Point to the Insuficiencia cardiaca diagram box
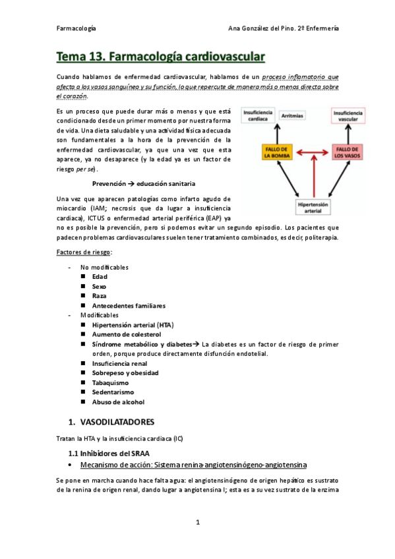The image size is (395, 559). [256, 116]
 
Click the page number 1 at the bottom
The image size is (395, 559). [198, 523]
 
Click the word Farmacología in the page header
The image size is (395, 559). [76, 29]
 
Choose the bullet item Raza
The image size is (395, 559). [100, 296]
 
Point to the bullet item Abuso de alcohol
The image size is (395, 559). [118, 401]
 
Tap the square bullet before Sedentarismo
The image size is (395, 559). [84, 392]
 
